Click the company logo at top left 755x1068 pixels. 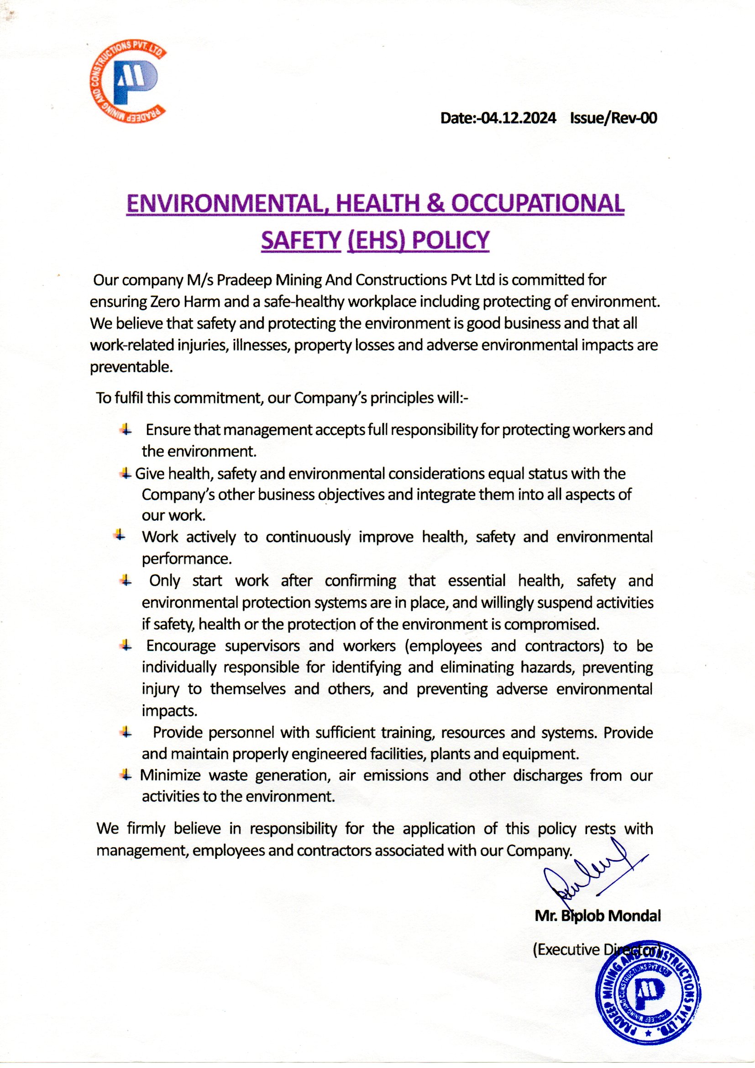coord(128,84)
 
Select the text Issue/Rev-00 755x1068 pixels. coord(613,119)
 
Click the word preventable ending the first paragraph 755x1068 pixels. coord(131,367)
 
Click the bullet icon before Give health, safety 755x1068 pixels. coord(125,474)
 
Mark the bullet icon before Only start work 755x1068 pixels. coord(125,580)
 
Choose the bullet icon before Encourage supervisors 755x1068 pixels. coord(125,645)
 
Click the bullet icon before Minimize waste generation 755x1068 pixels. coord(125,775)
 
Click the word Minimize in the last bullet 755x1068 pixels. coord(170,775)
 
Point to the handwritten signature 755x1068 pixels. coord(590,875)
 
